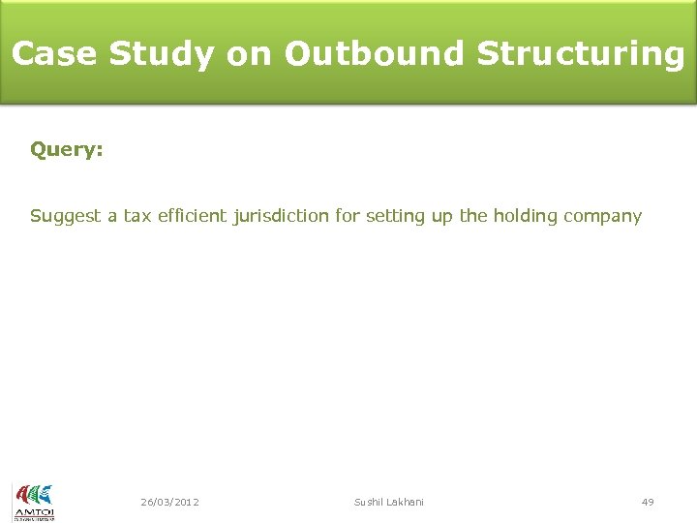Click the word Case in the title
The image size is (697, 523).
click(54, 53)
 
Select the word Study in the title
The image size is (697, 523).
click(161, 53)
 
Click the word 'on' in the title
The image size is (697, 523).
click(249, 53)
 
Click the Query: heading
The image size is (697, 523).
click(67, 150)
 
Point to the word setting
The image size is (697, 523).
click(395, 216)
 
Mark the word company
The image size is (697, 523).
click(602, 216)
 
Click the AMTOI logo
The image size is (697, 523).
click(33, 502)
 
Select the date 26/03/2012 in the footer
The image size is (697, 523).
click(169, 502)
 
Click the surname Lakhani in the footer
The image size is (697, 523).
click(407, 502)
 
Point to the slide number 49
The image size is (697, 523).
click(648, 502)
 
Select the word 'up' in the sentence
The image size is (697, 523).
click(441, 216)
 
